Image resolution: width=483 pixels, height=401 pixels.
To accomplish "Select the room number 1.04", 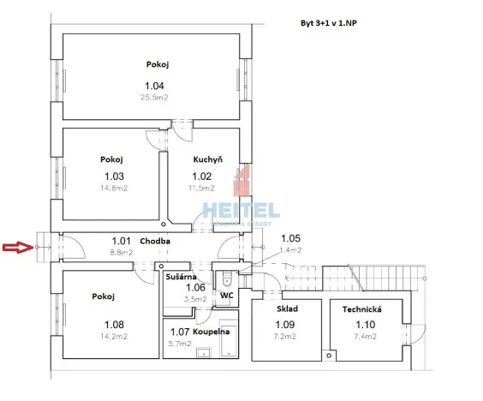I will tap(154, 86).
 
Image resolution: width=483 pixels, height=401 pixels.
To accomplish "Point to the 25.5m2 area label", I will tap(154, 98).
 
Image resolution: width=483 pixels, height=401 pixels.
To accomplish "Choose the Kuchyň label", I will tap(207, 159).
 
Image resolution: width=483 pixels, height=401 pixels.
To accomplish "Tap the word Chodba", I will tap(155, 242).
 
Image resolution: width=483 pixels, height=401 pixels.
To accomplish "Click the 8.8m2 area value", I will tap(120, 253).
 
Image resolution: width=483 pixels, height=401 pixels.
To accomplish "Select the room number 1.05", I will tap(291, 238).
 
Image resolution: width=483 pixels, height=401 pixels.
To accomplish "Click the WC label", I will tap(227, 296).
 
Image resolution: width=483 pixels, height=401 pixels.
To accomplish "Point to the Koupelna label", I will tap(209, 332).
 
